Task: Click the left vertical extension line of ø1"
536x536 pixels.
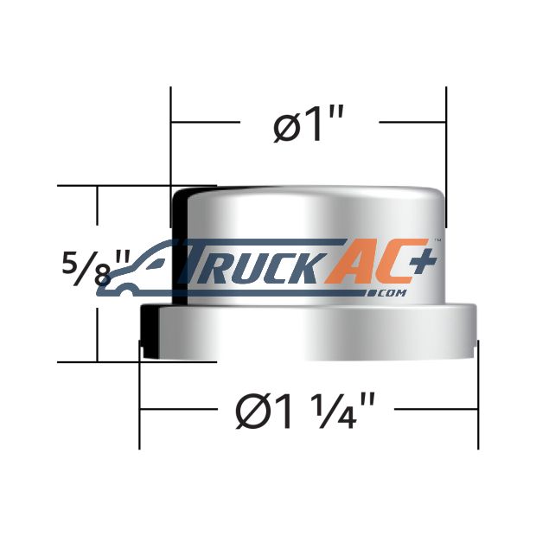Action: (x=171, y=157)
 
